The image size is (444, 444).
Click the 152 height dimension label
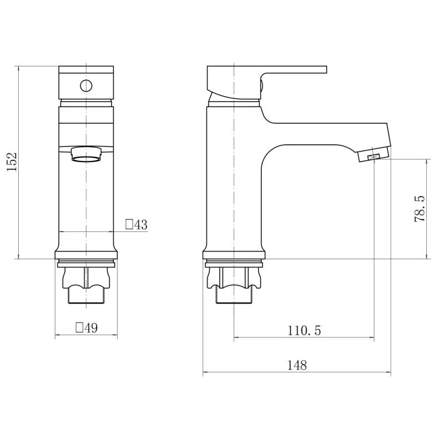[x=12, y=162]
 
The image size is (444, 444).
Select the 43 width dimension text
[x=141, y=225]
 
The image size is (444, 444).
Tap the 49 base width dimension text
[x=91, y=328]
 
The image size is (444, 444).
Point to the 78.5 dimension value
[x=420, y=209]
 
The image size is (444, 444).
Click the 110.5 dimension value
[x=304, y=330]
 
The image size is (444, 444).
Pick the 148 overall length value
[x=297, y=365]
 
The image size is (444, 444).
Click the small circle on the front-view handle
[x=86, y=85]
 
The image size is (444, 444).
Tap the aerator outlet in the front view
[x=86, y=154]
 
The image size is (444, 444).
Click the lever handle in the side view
[x=267, y=82]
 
